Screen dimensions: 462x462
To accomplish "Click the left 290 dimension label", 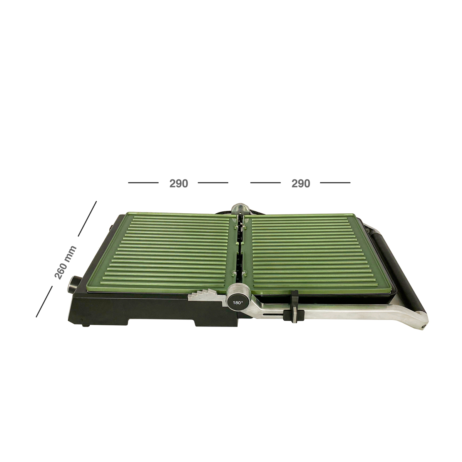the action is click(179, 184).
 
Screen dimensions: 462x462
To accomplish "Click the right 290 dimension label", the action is click(301, 184).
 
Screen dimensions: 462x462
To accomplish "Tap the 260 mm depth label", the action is click(65, 263).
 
